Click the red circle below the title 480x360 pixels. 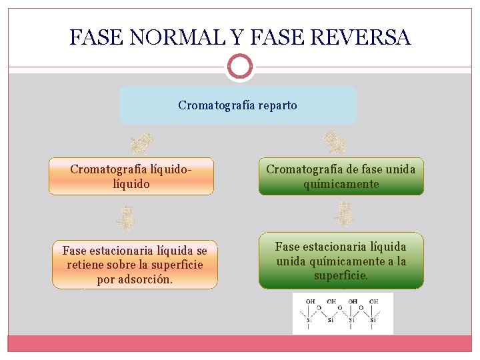(239, 67)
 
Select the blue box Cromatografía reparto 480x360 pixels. (238, 105)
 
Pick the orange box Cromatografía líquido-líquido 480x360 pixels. (131, 176)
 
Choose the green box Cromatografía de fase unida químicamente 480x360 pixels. (341, 176)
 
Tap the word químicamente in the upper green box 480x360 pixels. (341, 183)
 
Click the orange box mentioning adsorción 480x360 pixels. (135, 265)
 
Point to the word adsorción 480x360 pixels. (144, 279)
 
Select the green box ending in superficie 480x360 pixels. (341, 261)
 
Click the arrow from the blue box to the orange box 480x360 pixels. (142, 142)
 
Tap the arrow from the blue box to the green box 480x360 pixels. (335, 142)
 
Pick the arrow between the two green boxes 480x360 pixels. (345, 215)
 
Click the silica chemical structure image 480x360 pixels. (343, 313)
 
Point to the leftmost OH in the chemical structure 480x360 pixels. (311, 301)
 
